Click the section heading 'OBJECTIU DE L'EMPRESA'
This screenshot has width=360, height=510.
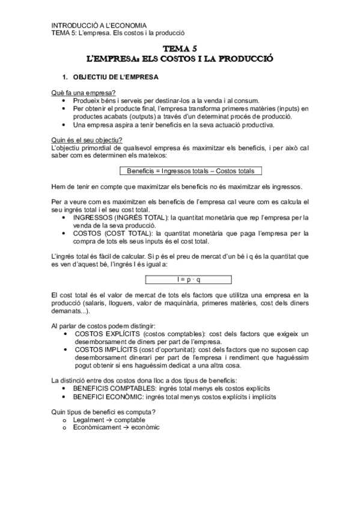tap(115, 78)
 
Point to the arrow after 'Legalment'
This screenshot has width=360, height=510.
tap(110, 419)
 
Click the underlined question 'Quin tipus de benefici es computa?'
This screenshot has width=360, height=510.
tap(104, 411)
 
